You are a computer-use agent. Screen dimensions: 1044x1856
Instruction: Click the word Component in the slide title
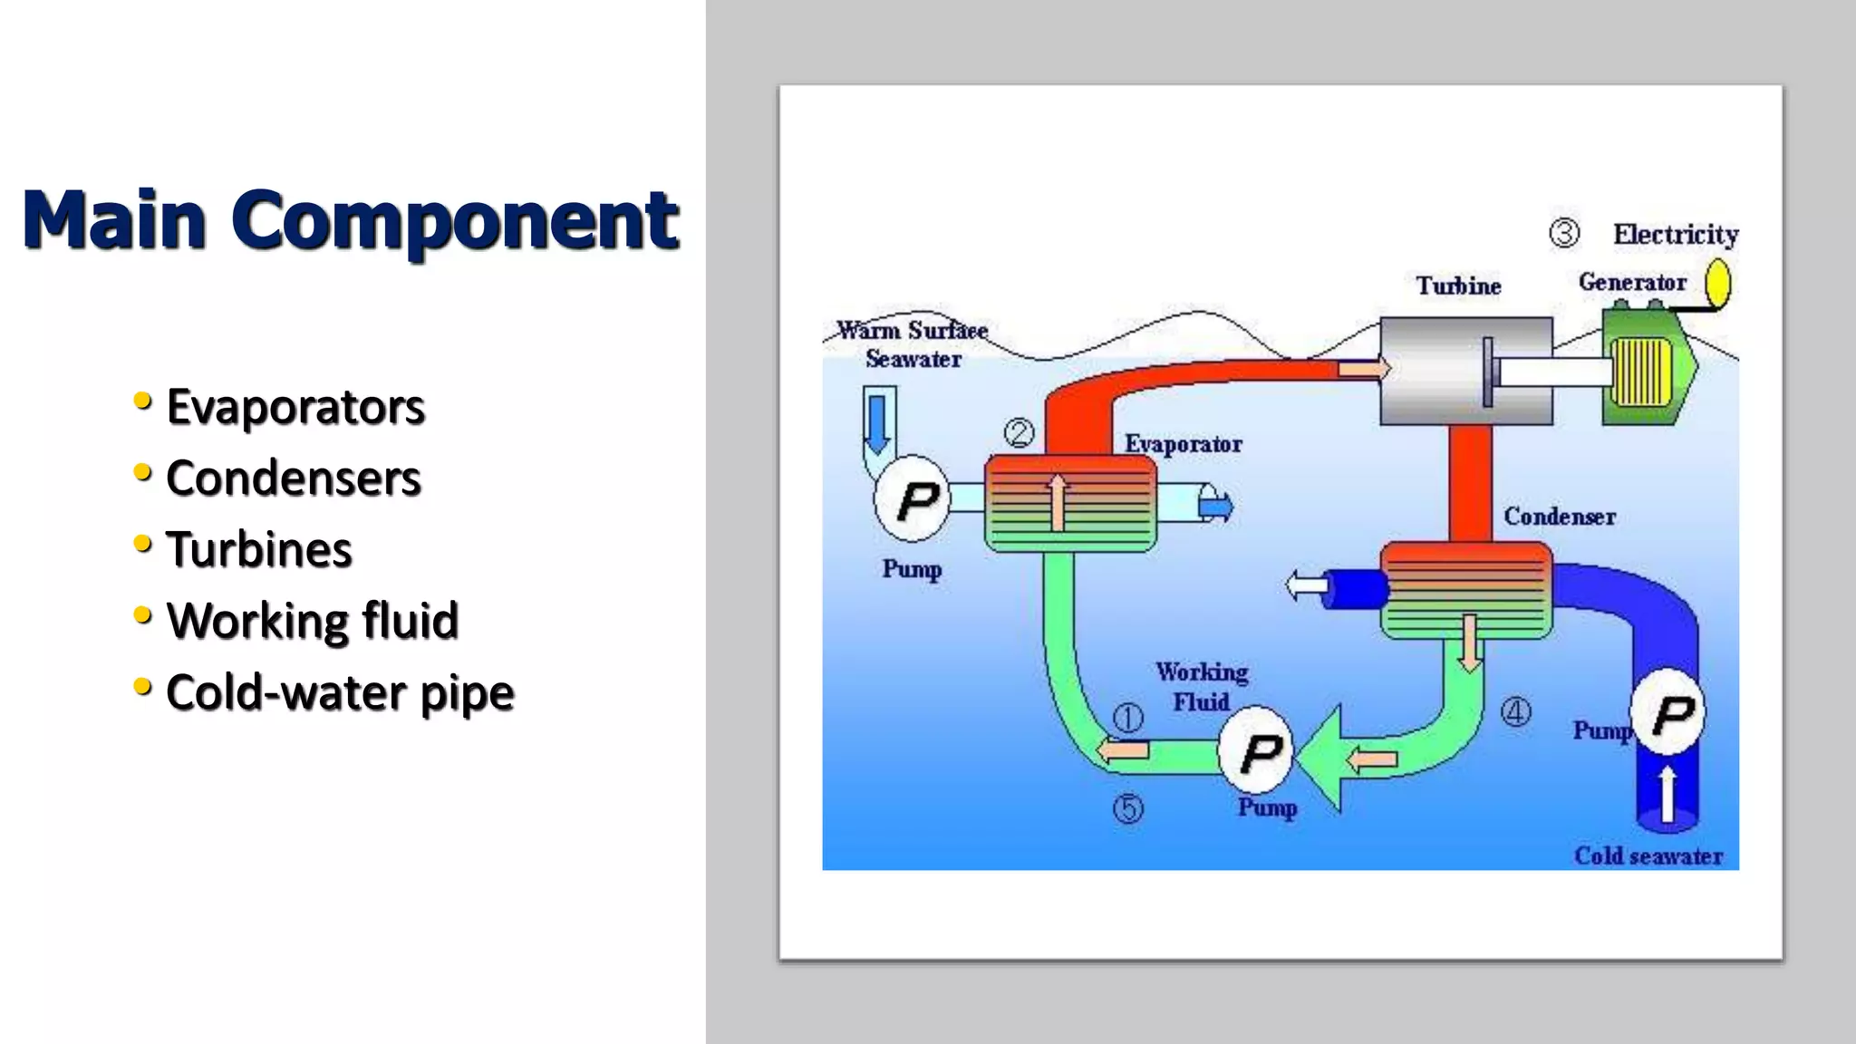pyautogui.click(x=455, y=220)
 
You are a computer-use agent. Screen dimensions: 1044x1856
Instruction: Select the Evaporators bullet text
pyautogui.click(x=295, y=407)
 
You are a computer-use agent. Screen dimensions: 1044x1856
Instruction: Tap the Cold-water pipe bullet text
pyautogui.click(x=340, y=693)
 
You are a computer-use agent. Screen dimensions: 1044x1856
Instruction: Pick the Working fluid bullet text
pyautogui.click(x=313, y=622)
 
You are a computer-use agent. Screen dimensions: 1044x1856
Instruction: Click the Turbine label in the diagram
pyautogui.click(x=1458, y=286)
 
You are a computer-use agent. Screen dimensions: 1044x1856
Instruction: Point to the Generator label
pyautogui.click(x=1632, y=283)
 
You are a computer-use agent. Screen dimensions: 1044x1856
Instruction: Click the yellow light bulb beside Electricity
pyautogui.click(x=1717, y=282)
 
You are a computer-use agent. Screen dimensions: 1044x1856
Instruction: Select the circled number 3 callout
pyautogui.click(x=1564, y=233)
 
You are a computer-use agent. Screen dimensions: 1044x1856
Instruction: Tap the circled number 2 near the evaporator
pyautogui.click(x=1020, y=433)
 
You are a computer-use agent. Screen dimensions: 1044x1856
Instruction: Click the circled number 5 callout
pyautogui.click(x=1128, y=808)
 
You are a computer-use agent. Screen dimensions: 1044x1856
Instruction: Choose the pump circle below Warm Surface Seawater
pyautogui.click(x=913, y=499)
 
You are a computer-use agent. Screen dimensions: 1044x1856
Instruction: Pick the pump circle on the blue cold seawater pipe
pyautogui.click(x=1667, y=712)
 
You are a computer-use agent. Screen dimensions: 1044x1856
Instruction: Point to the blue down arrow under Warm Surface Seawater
pyautogui.click(x=877, y=422)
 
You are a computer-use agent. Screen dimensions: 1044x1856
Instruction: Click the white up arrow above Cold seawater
pyautogui.click(x=1667, y=794)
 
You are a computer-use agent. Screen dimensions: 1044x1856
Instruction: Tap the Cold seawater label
pyautogui.click(x=1648, y=856)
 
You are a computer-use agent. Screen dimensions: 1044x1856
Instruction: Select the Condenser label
pyautogui.click(x=1559, y=517)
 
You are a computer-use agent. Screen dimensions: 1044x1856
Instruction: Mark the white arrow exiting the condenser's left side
pyautogui.click(x=1306, y=585)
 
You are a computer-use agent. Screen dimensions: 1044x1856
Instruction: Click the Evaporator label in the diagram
pyautogui.click(x=1183, y=444)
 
